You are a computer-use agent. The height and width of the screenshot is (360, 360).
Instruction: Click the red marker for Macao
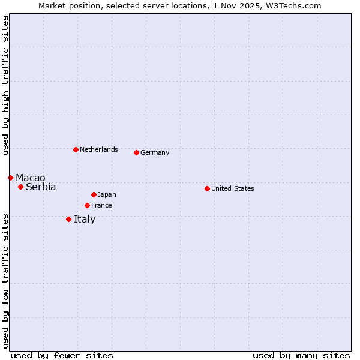tap(10, 178)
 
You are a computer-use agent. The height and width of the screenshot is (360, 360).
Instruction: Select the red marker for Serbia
tap(20, 187)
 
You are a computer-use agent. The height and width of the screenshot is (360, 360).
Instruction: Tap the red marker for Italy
tap(68, 219)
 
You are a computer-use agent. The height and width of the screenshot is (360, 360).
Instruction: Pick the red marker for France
tap(87, 205)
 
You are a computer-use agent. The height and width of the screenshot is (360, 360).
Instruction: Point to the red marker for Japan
tap(94, 194)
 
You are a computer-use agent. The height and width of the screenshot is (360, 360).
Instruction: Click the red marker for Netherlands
tap(76, 149)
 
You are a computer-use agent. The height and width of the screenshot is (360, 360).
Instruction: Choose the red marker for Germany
tap(136, 152)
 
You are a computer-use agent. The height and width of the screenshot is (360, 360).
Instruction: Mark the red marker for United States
tap(207, 188)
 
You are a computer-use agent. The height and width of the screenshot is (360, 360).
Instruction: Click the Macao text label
tap(31, 178)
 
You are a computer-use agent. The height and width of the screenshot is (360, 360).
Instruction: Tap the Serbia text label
tap(41, 187)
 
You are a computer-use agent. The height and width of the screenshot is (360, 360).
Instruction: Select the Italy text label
tap(85, 220)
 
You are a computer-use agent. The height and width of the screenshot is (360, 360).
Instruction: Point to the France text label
tap(101, 206)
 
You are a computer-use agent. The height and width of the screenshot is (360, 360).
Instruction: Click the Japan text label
tap(107, 195)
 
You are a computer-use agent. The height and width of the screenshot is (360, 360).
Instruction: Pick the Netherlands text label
tap(99, 150)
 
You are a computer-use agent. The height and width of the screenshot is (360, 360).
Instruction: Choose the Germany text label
tap(155, 153)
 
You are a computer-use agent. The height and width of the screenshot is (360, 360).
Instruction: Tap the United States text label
tap(233, 189)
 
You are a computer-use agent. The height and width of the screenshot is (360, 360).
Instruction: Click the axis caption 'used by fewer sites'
tap(62, 355)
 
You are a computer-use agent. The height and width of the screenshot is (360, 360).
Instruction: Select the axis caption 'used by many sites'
tap(301, 355)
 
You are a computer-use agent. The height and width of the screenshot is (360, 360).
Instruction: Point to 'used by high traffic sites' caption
tap(5, 85)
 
